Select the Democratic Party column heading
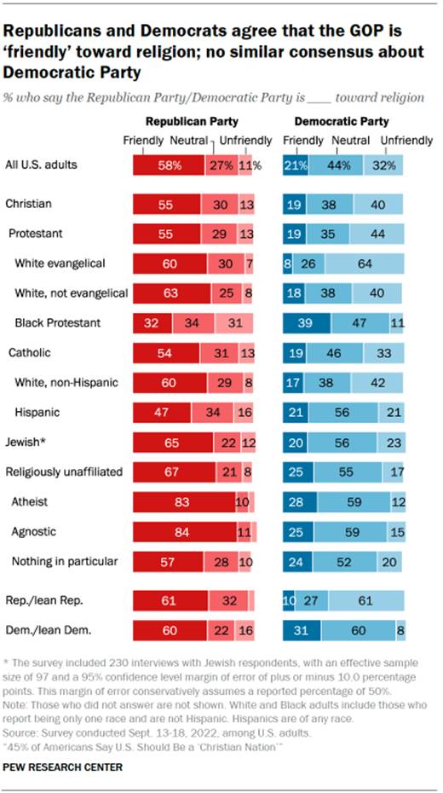pos(346,122)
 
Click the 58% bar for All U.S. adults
pos(169,165)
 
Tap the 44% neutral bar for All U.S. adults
pos(335,165)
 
